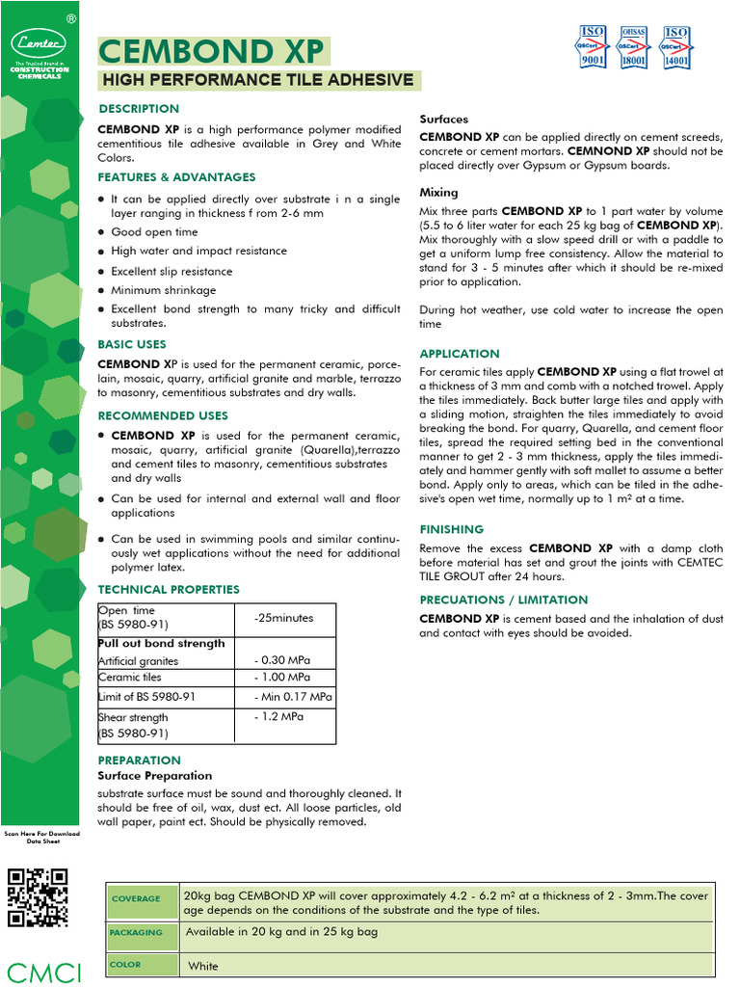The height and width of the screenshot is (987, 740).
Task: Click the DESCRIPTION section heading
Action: point(139,109)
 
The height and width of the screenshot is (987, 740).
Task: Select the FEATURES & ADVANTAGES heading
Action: point(176,177)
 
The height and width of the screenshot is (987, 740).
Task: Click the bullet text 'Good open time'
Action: point(154,232)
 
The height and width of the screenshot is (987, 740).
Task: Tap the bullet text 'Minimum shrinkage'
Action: point(163,290)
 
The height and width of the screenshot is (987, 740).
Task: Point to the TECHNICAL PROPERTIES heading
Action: point(169,590)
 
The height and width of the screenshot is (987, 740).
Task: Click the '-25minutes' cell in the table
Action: point(283,618)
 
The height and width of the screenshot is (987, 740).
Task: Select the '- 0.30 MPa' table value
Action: point(282,660)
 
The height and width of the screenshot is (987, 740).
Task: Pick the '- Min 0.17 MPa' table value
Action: point(293,697)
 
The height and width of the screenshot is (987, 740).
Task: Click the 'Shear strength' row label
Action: point(133,717)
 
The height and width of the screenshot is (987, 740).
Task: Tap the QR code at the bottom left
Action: point(38,897)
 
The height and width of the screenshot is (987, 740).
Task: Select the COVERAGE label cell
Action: point(136,899)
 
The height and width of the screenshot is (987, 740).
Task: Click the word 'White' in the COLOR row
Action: point(203,966)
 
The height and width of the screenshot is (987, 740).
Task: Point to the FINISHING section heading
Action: point(452,529)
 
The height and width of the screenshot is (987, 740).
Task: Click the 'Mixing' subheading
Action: point(438,193)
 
